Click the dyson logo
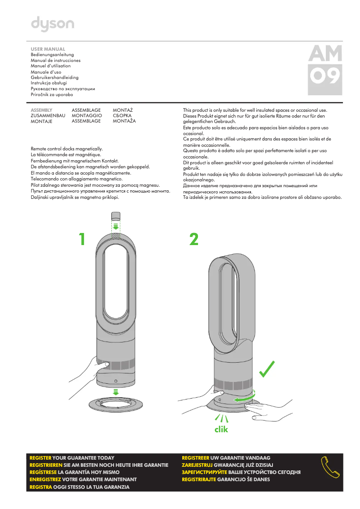[x=52, y=24]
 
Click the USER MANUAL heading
[x=48, y=49]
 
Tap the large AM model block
[x=325, y=54]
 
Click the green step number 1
[x=81, y=239]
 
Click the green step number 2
[x=193, y=239]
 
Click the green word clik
[x=221, y=430]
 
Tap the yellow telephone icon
[x=330, y=468]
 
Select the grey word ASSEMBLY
[x=41, y=110]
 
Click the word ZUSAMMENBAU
[x=48, y=116]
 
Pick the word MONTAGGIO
[x=87, y=116]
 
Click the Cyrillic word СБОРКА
[x=122, y=116]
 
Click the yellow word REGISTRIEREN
[x=46, y=465]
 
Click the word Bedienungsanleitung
[x=52, y=54]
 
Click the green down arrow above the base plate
[x=115, y=391]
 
